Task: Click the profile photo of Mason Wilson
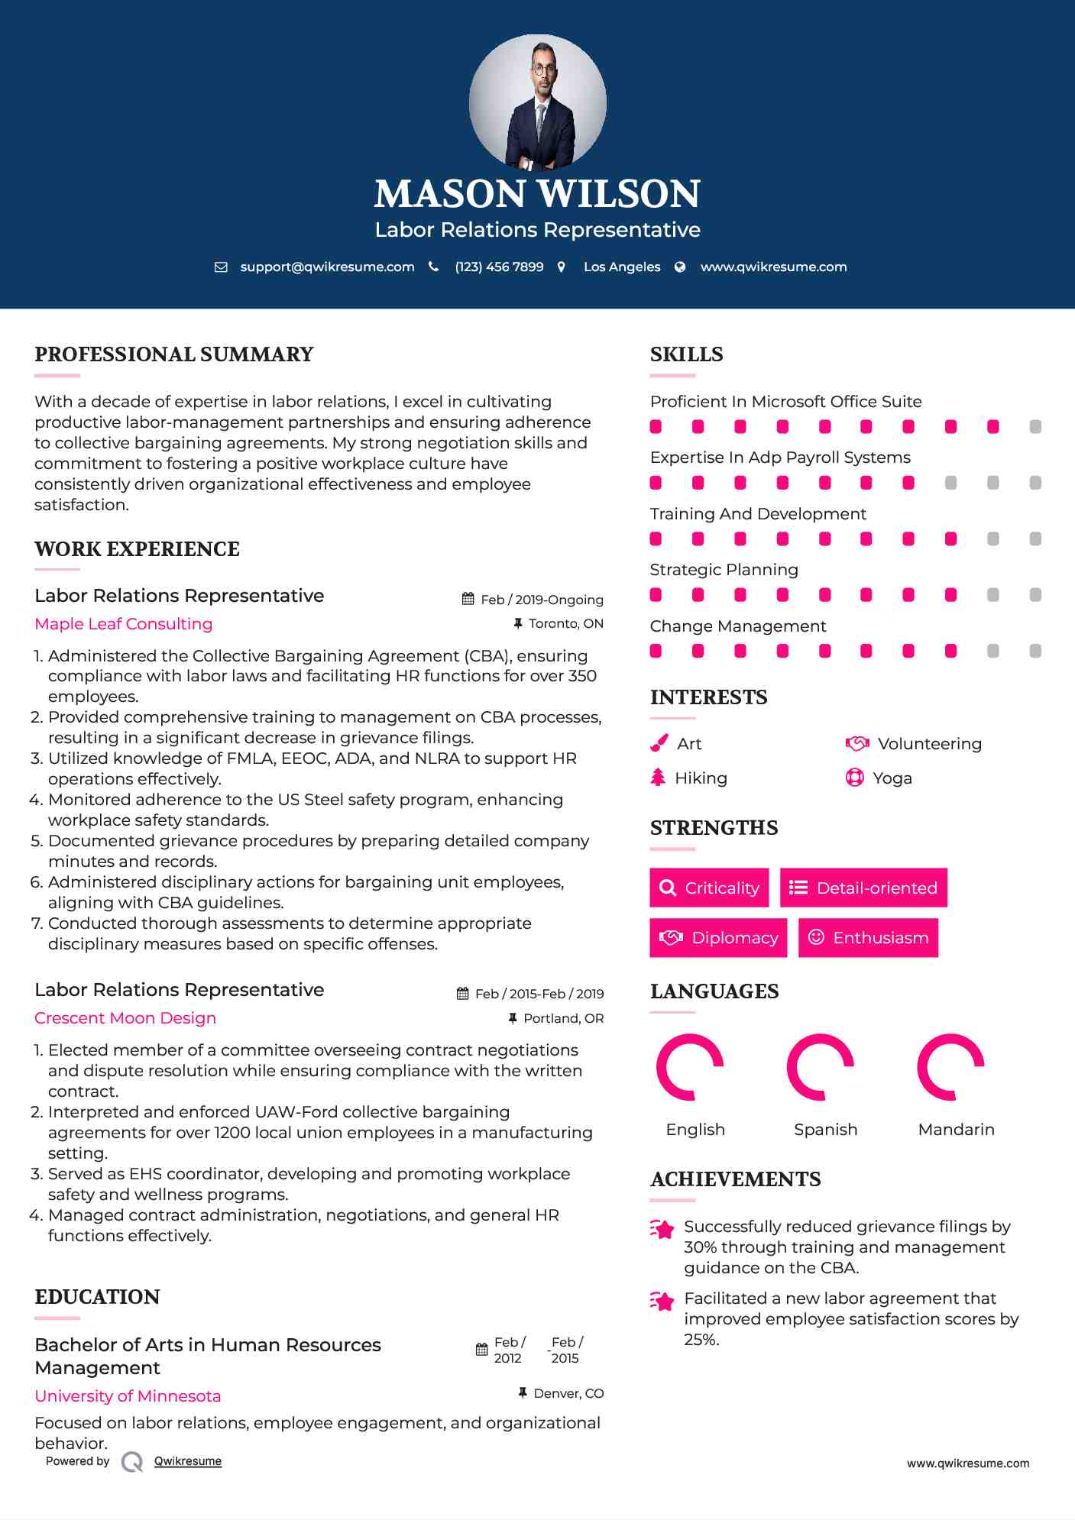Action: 537,102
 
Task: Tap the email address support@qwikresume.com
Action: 327,267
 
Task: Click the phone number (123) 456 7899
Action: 499,267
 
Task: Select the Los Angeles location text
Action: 622,267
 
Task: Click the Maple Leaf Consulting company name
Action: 124,624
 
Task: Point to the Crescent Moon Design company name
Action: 125,1018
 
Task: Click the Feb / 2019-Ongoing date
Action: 542,600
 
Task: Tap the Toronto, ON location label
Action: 565,624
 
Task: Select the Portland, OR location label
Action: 563,1018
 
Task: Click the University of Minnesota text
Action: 128,1396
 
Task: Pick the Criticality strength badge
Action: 709,888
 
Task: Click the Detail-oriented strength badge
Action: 863,888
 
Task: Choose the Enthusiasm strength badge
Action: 868,937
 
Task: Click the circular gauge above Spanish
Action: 820,1067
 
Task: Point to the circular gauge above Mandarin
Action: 950,1067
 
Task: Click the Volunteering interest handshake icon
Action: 857,743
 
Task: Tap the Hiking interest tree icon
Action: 658,778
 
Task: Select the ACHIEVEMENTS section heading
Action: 735,1179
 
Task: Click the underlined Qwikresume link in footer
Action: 188,1461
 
